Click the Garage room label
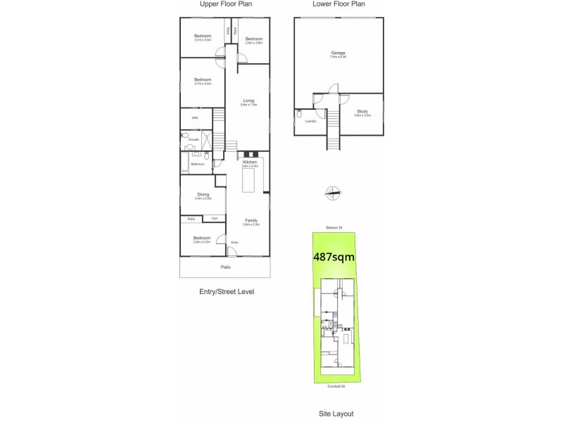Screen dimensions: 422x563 pyautogui.click(x=339, y=53)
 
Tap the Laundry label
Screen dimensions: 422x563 pyautogui.click(x=310, y=121)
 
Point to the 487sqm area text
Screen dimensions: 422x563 pyautogui.click(x=334, y=257)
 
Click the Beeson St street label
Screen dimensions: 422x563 pyautogui.click(x=334, y=227)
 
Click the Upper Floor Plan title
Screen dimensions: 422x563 pyautogui.click(x=226, y=4)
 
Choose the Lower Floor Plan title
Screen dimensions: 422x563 pyautogui.click(x=339, y=4)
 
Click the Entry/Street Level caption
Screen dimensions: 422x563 pyautogui.click(x=226, y=291)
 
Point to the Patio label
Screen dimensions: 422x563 pyautogui.click(x=226, y=267)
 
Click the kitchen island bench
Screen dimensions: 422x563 pyautogui.click(x=248, y=181)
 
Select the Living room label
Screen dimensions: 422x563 pyautogui.click(x=248, y=101)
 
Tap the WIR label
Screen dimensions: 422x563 pyautogui.click(x=195, y=117)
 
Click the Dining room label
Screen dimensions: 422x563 pyautogui.click(x=203, y=195)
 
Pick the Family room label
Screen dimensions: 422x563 pyautogui.click(x=251, y=221)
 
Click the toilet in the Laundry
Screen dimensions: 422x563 pyautogui.click(x=300, y=113)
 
